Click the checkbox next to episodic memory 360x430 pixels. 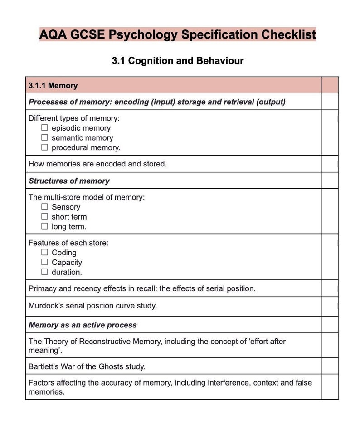[x=44, y=128]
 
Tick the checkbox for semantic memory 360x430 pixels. [x=44, y=137]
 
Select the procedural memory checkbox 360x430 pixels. [x=44, y=147]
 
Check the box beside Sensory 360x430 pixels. [x=44, y=207]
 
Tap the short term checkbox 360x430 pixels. [x=44, y=216]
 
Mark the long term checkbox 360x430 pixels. [x=44, y=226]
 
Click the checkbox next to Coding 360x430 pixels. [x=44, y=252]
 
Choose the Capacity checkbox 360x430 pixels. [x=44, y=262]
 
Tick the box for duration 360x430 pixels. [x=44, y=272]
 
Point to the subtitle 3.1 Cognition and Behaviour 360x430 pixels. [x=178, y=61]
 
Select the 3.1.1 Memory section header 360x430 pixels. [x=53, y=85]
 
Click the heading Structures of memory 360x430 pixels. [x=69, y=181]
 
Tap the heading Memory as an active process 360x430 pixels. [x=83, y=325]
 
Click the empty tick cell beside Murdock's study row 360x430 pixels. [x=329, y=306]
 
